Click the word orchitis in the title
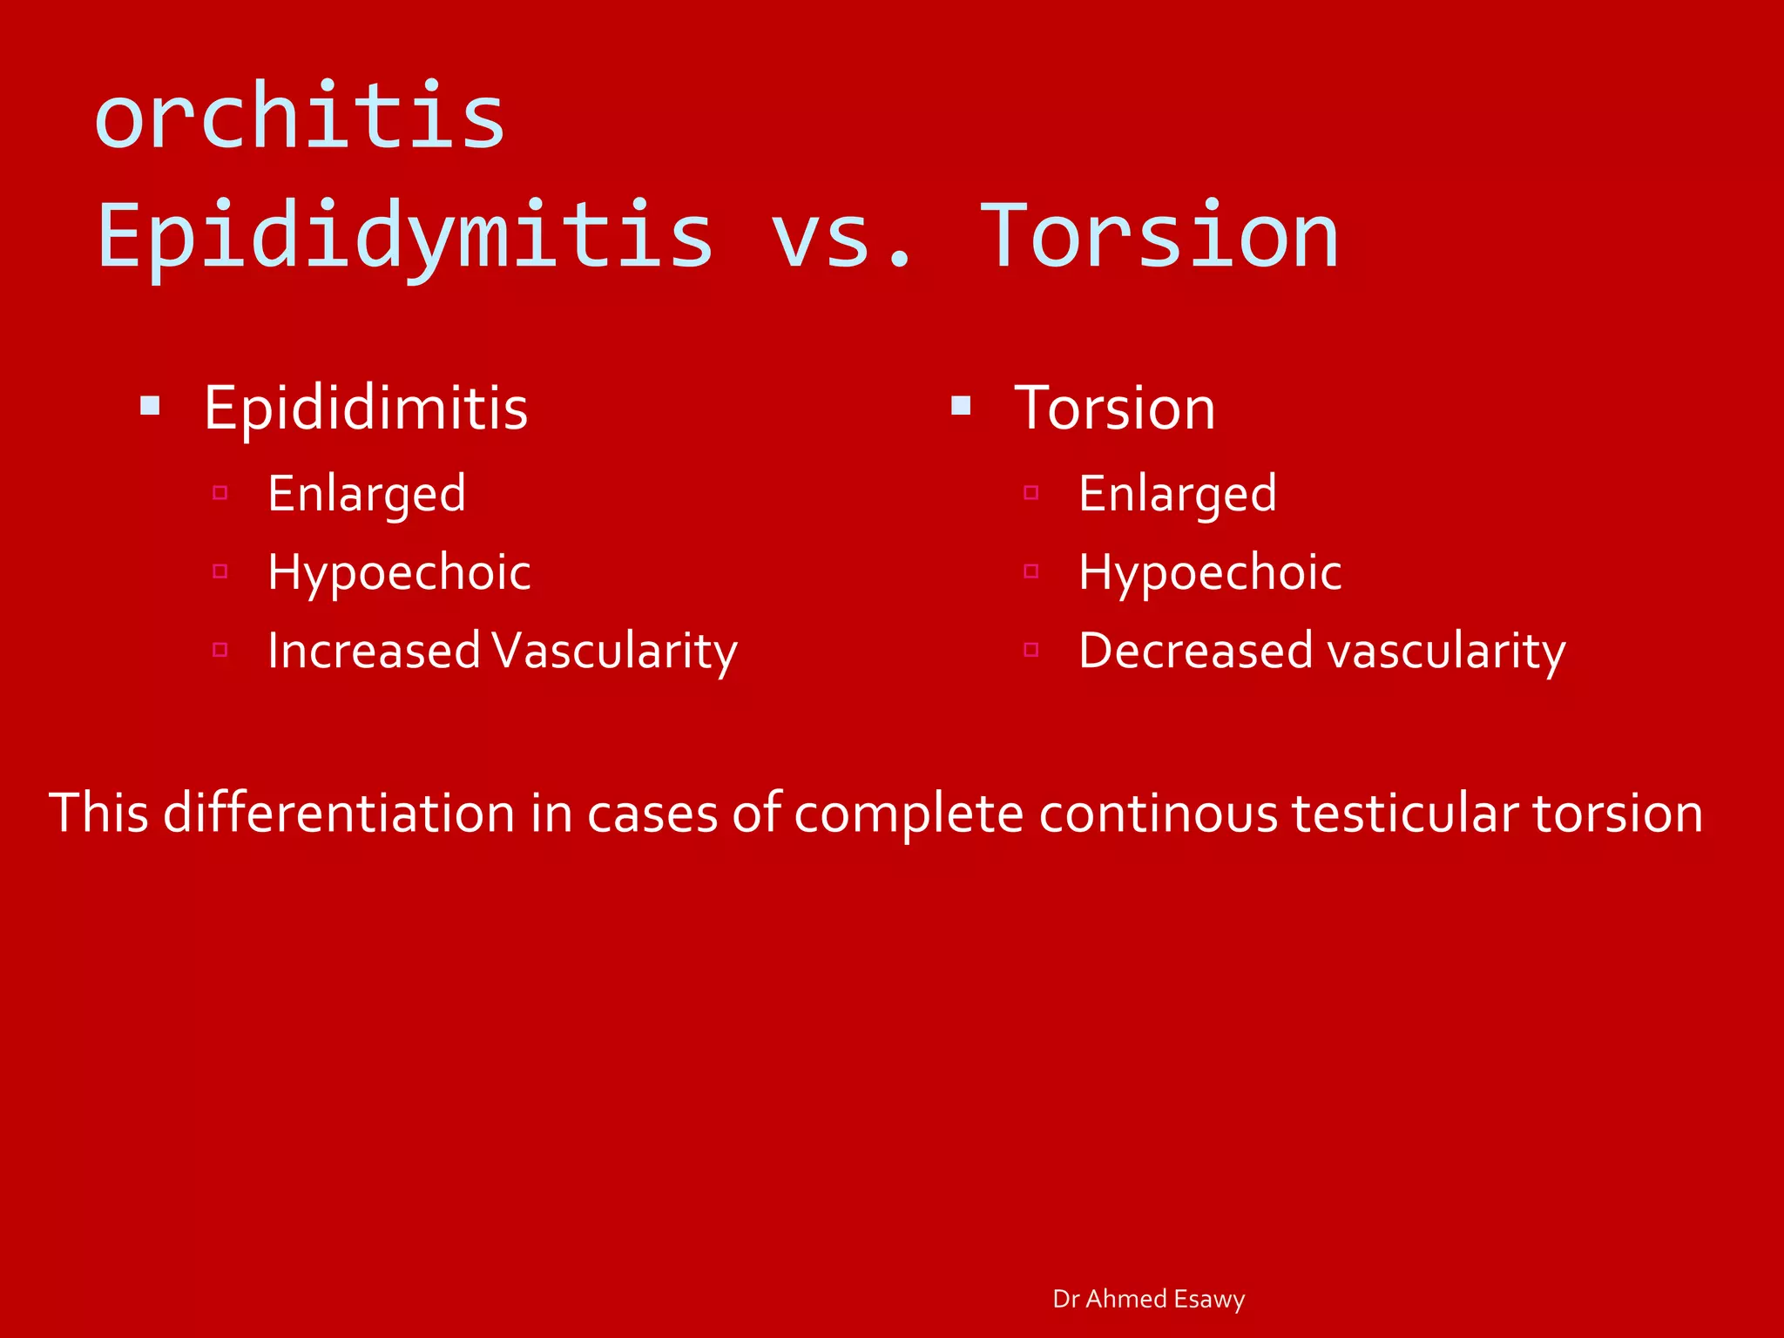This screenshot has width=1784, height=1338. click(300, 118)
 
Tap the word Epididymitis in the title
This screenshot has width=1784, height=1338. click(405, 235)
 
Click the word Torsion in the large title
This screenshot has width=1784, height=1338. click(1159, 235)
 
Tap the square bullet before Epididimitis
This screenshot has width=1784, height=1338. click(150, 405)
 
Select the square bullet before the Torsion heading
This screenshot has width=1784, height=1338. click(961, 405)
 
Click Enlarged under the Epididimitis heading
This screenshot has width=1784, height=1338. click(367, 494)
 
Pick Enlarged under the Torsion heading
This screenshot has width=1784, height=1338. click(1178, 494)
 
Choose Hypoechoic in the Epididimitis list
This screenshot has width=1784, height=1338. click(399, 572)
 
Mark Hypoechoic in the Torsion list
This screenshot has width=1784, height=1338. click(1210, 572)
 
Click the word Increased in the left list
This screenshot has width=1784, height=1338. click(374, 651)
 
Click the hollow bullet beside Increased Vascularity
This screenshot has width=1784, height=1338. click(220, 650)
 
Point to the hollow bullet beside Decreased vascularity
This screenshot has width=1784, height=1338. click(1031, 650)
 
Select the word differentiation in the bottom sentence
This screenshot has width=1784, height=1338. click(339, 813)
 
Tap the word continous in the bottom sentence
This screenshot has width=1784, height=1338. click(1158, 813)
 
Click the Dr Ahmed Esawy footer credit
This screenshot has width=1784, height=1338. click(1148, 1299)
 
